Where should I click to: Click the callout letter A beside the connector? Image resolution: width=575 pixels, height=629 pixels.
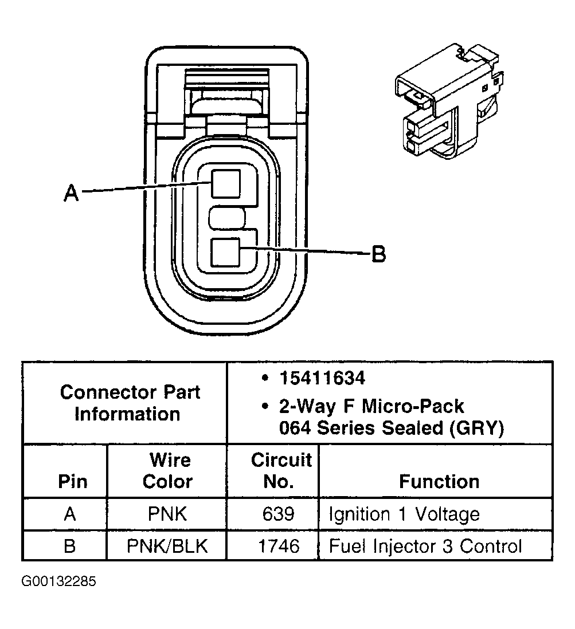[x=71, y=193]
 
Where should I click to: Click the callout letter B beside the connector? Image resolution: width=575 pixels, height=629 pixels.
[x=378, y=253]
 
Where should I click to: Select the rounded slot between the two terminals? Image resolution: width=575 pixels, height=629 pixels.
[x=227, y=218]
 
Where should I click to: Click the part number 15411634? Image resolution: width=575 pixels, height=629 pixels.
[x=322, y=378]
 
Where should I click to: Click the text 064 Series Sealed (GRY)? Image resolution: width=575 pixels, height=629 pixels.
[x=392, y=428]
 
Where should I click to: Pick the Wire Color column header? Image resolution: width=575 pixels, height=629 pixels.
[x=167, y=470]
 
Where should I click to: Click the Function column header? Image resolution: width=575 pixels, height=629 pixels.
[x=439, y=481]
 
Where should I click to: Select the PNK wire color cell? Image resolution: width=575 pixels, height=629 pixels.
[x=167, y=514]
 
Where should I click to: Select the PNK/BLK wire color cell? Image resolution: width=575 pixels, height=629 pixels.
[x=167, y=545]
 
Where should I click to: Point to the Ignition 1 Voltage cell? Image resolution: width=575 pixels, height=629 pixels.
[x=404, y=514]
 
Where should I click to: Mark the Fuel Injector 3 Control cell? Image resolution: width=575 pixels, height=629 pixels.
[x=425, y=545]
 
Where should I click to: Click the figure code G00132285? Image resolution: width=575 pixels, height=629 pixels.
[x=59, y=582]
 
